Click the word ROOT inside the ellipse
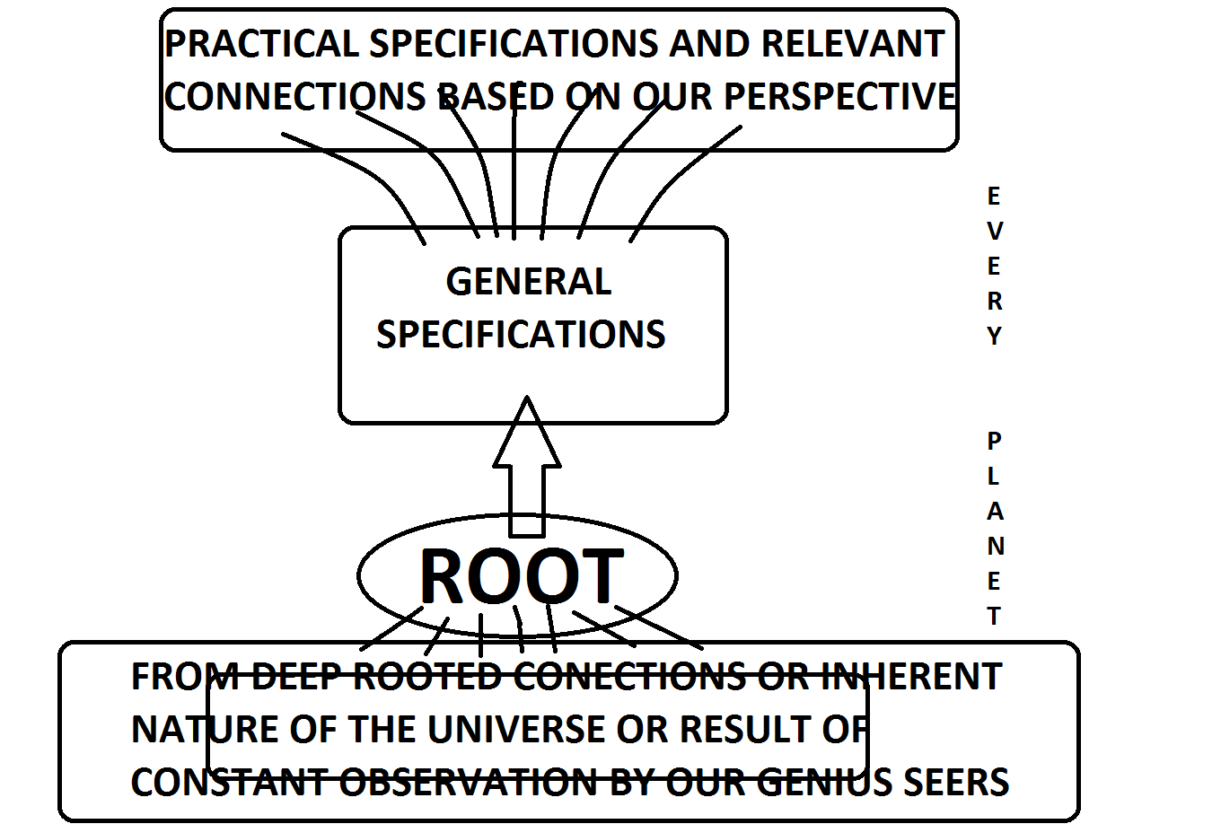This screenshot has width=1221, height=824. pos(521,576)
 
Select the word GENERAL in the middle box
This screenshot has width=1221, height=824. pos(529,282)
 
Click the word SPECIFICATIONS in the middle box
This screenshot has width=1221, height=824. pos(521,335)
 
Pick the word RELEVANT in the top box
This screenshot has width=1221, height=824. pos(853,44)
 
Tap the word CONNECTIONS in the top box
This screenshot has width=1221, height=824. pos(295,97)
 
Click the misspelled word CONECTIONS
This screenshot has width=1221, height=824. pos(629,677)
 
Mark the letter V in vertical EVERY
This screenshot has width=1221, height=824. pos(994,231)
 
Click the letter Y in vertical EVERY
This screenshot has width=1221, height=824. pos(994,336)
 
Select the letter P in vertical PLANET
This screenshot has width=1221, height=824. pos(994,441)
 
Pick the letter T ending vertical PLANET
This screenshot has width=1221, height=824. pos(994,617)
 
